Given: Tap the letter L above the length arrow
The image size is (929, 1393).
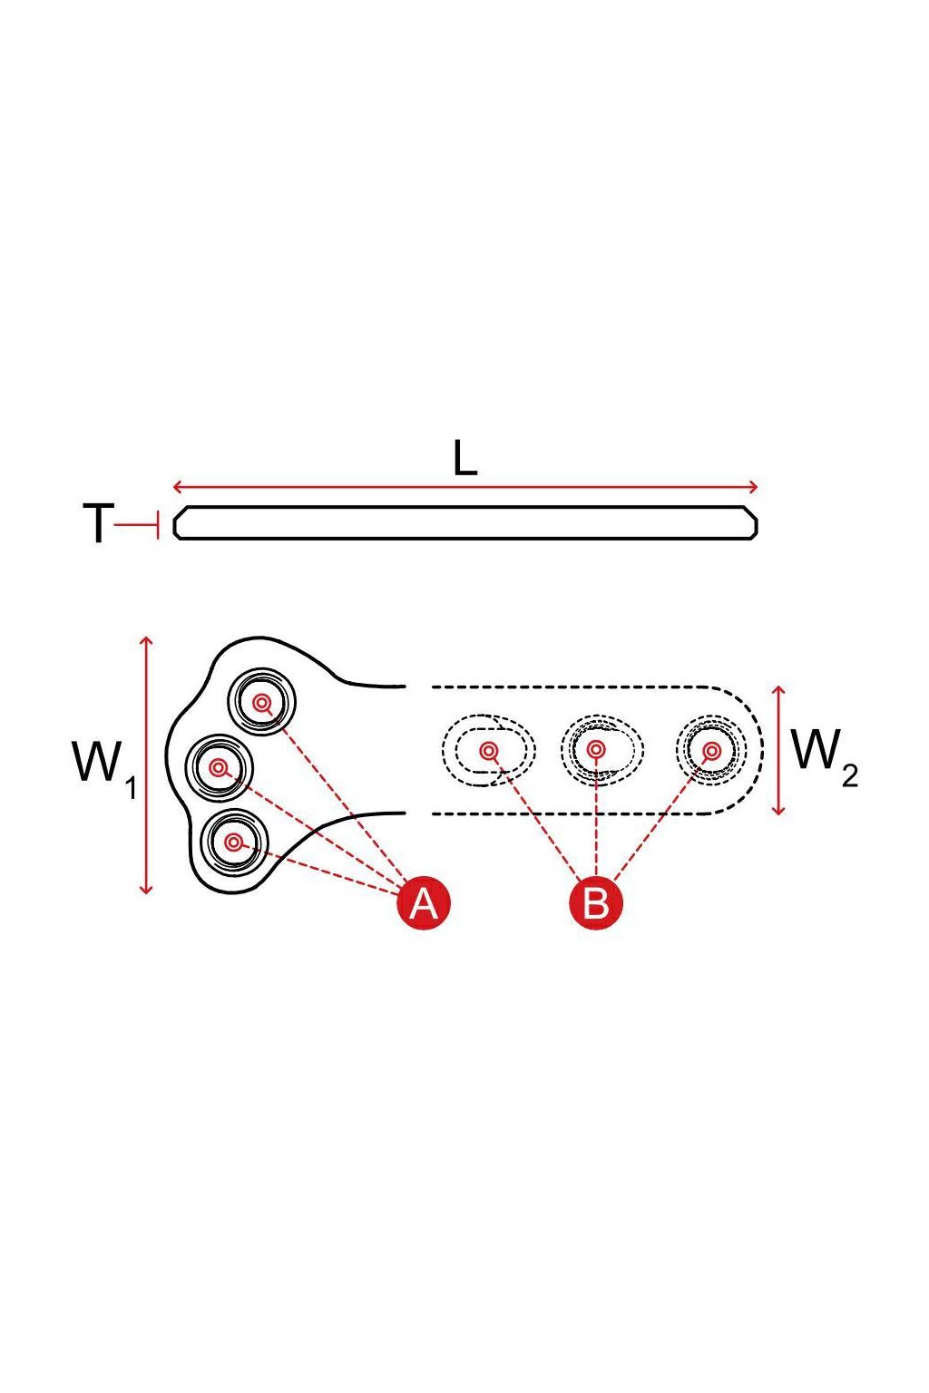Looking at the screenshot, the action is [464, 458].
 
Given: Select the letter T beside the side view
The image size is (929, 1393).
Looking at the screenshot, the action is [98, 523].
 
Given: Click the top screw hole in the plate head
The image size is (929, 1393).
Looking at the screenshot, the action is [262, 703].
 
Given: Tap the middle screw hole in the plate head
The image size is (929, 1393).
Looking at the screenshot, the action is [220, 769].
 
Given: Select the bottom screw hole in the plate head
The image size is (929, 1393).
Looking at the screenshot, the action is [233, 842].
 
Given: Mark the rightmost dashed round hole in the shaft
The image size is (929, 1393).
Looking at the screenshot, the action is [710, 751].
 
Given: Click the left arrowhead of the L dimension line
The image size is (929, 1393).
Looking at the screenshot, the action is [177, 487].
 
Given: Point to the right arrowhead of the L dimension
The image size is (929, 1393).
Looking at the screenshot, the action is [754, 487].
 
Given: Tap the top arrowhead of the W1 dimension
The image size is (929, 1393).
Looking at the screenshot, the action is [146, 641].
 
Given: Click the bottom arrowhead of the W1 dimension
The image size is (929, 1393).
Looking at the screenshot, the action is [146, 890].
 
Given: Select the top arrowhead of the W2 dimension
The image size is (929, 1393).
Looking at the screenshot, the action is [778, 691].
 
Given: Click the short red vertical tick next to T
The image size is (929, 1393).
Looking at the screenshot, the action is [159, 525].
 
